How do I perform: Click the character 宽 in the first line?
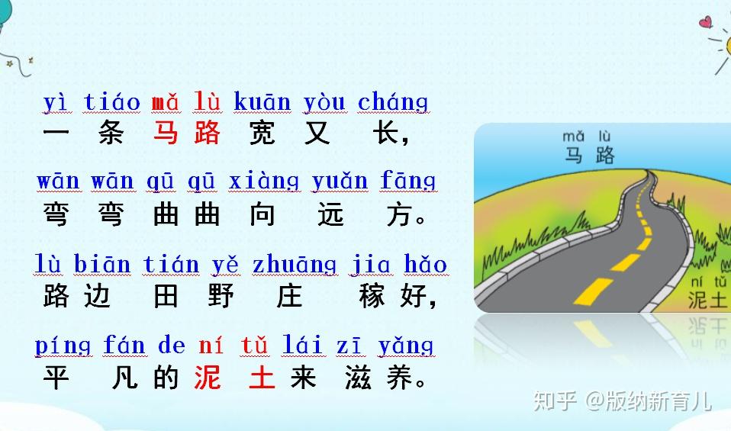[x=262, y=133]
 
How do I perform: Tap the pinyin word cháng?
[x=393, y=102]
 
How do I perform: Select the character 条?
[x=111, y=133]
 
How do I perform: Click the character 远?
[x=330, y=214]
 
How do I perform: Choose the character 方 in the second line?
[x=400, y=214]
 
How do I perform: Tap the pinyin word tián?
[x=171, y=264]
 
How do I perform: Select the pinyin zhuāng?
[x=295, y=265]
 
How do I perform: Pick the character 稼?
[x=372, y=295]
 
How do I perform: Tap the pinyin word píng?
[x=63, y=346]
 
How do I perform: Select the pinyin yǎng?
[x=405, y=346]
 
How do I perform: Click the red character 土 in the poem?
[x=262, y=377]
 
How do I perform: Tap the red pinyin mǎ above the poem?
[x=166, y=102]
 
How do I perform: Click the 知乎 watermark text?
[x=555, y=400]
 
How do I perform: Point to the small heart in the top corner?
[x=706, y=21]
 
